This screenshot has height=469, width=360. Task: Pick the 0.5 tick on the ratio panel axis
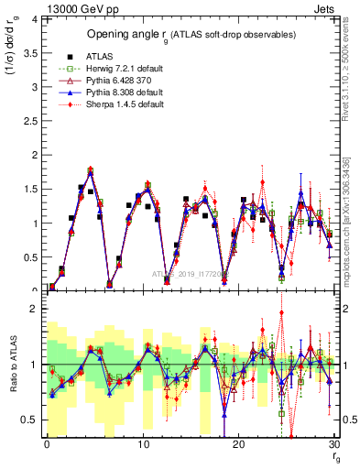(31, 420)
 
